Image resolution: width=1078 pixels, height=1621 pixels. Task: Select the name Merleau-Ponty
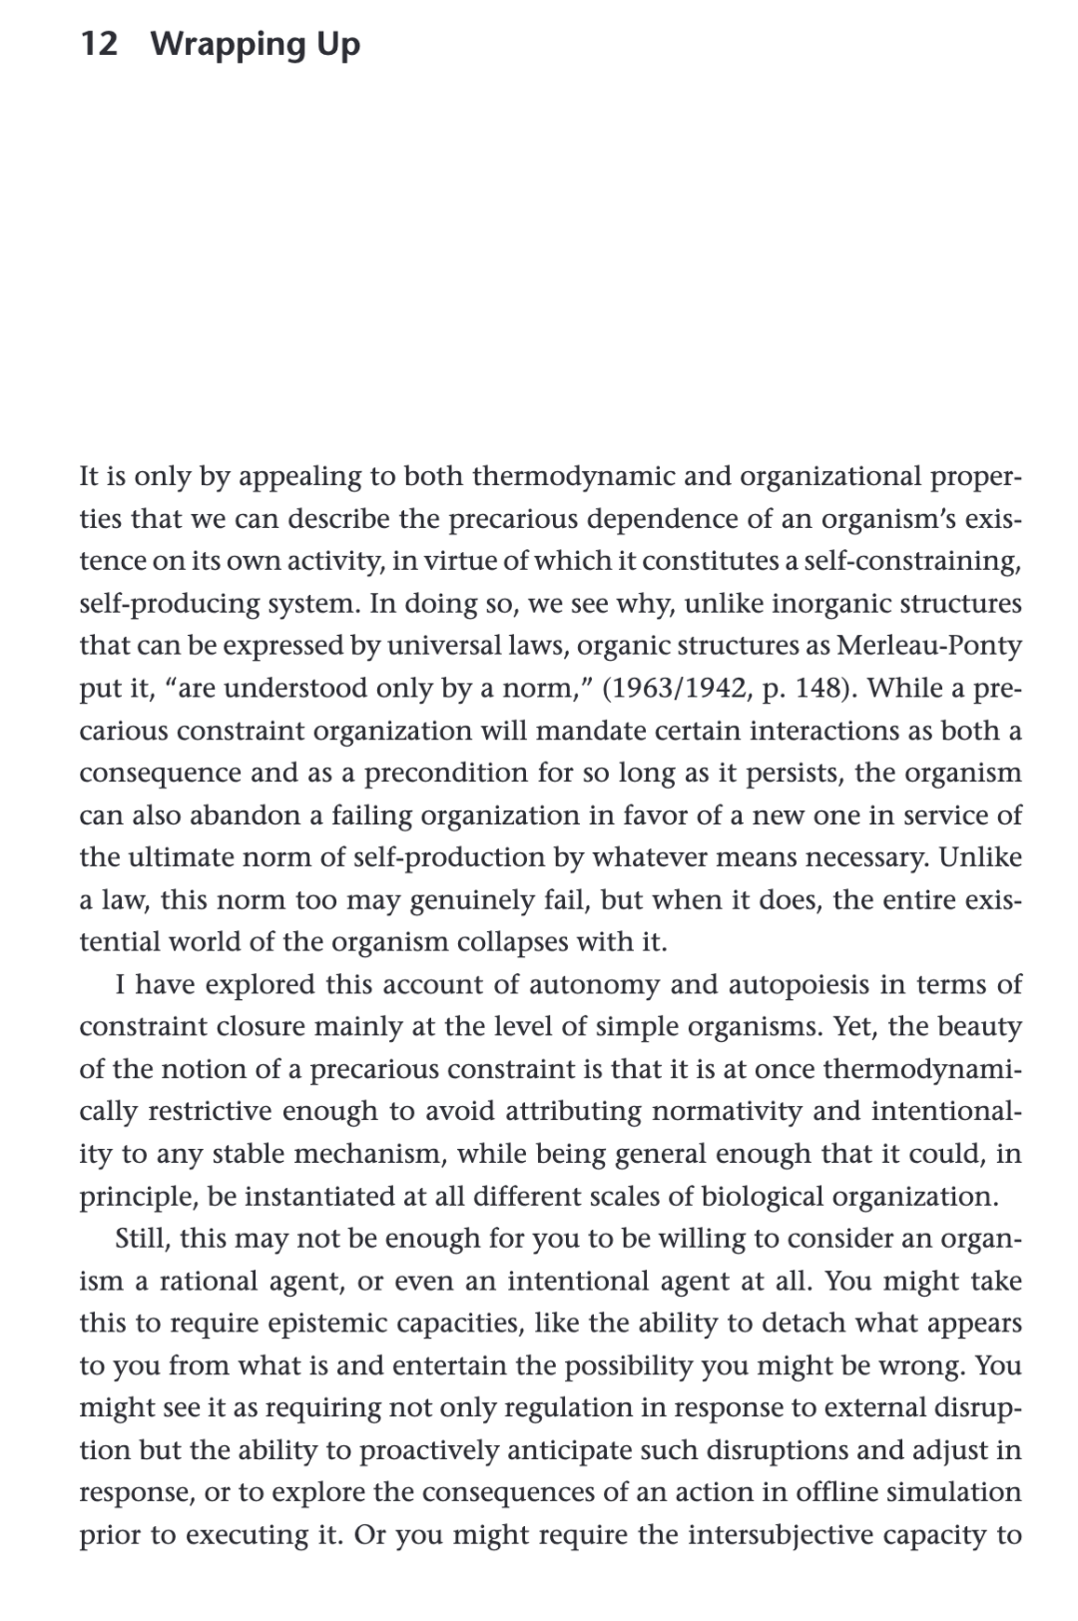click(x=928, y=646)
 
